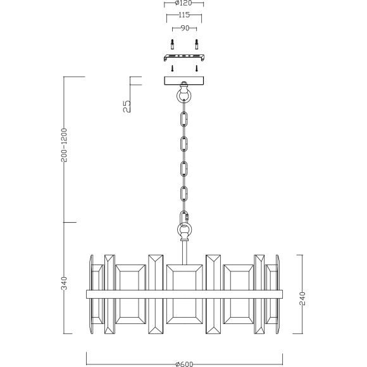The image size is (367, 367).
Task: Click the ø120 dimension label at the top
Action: (x=183, y=3)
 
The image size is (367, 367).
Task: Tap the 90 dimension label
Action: (x=183, y=28)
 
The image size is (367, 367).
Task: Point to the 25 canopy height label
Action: (x=127, y=106)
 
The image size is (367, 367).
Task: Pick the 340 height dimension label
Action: (x=65, y=283)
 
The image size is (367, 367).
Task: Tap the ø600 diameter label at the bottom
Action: (x=183, y=364)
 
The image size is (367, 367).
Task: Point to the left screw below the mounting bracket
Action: (x=171, y=68)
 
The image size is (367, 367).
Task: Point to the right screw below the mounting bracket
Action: (x=196, y=68)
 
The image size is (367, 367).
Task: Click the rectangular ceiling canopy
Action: (x=183, y=81)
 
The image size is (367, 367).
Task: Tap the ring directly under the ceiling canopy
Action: (x=183, y=96)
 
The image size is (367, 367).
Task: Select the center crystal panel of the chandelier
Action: (x=183, y=294)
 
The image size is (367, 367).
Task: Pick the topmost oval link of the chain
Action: (x=184, y=119)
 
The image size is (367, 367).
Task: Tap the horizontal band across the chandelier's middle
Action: (x=183, y=294)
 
